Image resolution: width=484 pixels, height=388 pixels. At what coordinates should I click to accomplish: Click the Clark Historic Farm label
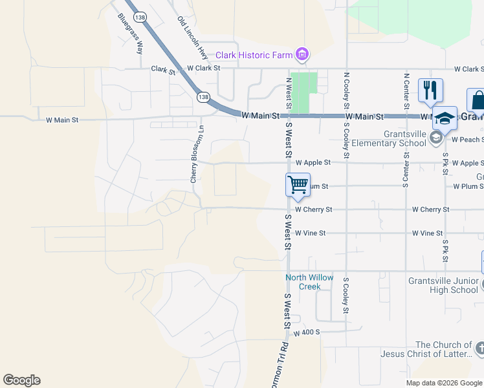tap(254, 55)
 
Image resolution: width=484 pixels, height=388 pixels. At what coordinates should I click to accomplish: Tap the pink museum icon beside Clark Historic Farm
tap(301, 54)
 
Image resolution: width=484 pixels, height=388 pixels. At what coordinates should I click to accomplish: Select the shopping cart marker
tap(298, 185)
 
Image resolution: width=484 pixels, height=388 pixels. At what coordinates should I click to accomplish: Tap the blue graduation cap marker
tap(445, 119)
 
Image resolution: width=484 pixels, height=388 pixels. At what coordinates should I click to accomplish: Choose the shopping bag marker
tap(478, 102)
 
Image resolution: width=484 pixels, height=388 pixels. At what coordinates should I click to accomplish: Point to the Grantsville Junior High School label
tap(443, 285)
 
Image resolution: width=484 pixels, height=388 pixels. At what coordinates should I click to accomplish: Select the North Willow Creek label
tap(310, 282)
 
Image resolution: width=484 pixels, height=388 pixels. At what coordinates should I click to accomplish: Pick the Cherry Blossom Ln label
tap(193, 154)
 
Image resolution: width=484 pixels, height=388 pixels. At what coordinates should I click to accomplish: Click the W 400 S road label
tap(307, 333)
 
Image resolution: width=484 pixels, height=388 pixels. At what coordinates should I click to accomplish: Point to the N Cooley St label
tap(347, 91)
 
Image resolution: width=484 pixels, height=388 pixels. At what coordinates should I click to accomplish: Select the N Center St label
tap(406, 91)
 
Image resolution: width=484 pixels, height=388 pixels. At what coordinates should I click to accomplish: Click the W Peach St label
tap(467, 140)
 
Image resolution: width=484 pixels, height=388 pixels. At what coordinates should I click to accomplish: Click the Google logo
tap(21, 380)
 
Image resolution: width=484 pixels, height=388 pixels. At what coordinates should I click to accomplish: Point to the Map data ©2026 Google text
tap(444, 383)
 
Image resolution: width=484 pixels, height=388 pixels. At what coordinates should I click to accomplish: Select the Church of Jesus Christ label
tap(443, 349)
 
